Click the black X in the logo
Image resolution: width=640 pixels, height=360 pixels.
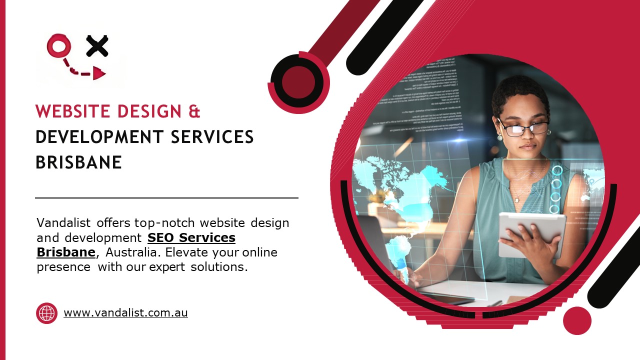97,46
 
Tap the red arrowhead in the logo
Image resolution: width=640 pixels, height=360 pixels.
99,74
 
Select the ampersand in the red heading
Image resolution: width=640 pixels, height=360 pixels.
194,111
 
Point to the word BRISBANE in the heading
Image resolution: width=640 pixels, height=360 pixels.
79,162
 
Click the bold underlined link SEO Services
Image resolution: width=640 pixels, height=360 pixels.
191,237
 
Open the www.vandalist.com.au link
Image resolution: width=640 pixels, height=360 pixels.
125,313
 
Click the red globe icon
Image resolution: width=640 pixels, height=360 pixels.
47,313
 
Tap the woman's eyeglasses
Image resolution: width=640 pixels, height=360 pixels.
523,127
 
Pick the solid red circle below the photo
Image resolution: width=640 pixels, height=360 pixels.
577,320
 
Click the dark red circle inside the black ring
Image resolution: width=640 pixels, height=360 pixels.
298,82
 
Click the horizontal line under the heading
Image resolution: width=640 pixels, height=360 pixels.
166,198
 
